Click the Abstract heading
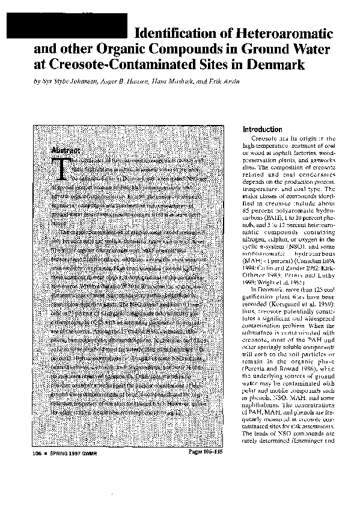click(66, 148)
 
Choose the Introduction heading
click(261, 130)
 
